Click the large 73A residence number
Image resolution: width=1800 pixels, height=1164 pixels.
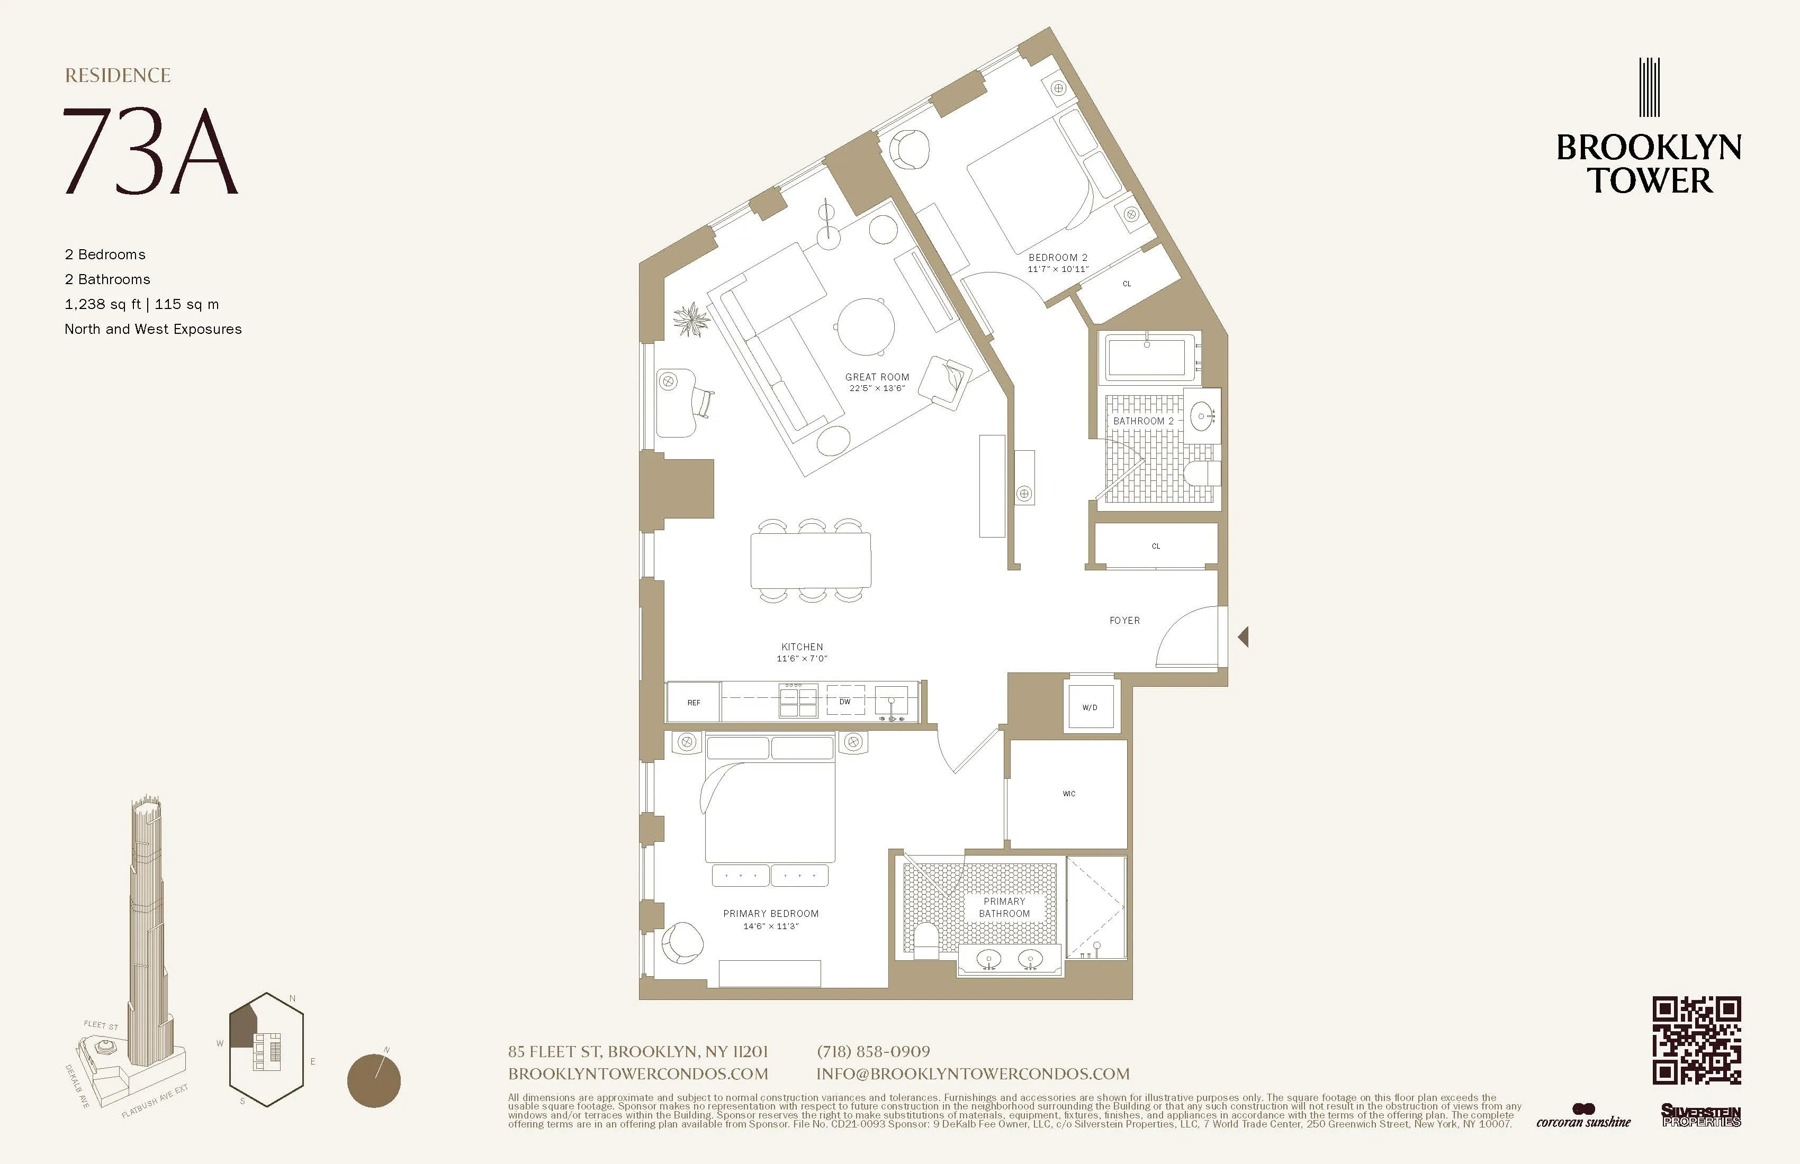150,151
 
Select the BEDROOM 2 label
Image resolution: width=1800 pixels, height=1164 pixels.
1057,258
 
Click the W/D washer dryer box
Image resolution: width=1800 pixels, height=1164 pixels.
1089,707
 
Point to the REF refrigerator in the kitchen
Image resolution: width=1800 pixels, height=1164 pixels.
694,702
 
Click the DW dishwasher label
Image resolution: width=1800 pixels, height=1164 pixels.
845,702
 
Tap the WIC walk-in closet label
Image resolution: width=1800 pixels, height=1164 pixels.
1069,794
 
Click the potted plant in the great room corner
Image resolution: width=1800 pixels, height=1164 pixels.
691,319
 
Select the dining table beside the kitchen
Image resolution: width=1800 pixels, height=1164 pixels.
810,560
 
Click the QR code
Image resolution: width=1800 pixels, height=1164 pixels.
1696,1040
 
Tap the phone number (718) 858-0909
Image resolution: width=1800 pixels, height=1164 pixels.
873,1051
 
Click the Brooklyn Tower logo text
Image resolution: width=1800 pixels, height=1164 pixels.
1649,164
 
